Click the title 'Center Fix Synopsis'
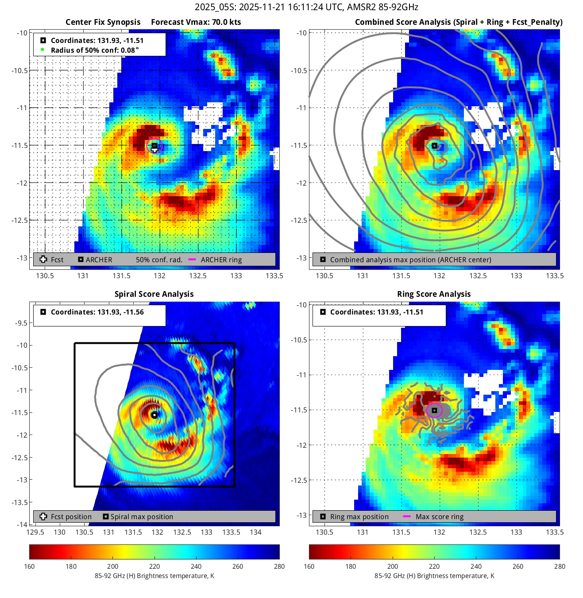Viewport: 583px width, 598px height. coord(103,22)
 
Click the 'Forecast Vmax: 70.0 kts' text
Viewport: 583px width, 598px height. coord(196,22)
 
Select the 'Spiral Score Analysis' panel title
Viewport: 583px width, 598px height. coord(154,294)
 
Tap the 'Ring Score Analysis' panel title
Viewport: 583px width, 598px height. coord(434,294)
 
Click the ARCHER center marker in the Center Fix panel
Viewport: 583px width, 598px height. coord(154,145)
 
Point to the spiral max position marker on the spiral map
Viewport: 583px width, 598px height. coord(154,415)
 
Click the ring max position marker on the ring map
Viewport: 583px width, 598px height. coord(434,411)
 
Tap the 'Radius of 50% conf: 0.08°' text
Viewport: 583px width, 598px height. coord(95,50)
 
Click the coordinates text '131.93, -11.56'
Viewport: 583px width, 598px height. coord(97,312)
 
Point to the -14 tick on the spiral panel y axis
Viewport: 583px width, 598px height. coord(22,524)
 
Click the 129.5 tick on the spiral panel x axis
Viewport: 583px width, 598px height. coord(35,532)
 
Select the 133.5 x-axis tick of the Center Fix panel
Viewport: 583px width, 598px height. coord(274,276)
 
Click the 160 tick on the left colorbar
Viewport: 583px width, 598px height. coord(29,567)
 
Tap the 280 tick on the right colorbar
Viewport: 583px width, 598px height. coord(560,567)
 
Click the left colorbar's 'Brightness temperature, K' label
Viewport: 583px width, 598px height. coord(154,576)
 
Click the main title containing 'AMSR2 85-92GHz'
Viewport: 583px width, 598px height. coord(306,7)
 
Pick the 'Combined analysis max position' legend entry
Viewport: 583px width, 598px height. coord(410,260)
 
